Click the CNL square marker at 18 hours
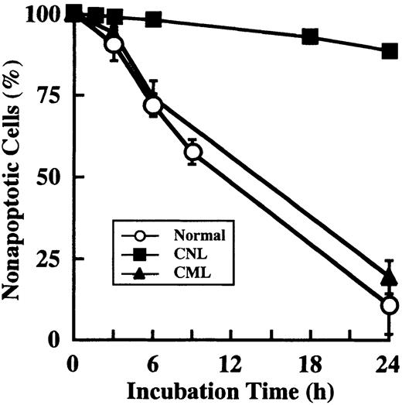(x=311, y=36)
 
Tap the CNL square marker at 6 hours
(x=153, y=19)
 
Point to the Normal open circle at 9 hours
(x=192, y=152)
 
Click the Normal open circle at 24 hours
(x=390, y=306)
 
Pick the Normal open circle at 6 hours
(x=153, y=105)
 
